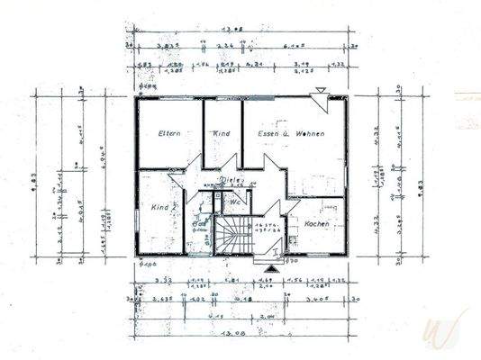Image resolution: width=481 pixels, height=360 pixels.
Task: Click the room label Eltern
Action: [x=169, y=133]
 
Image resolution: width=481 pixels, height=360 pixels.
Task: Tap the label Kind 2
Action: [x=163, y=208]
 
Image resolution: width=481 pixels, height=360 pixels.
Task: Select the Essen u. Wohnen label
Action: [x=290, y=133]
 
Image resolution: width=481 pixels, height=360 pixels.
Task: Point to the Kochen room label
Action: [x=317, y=222]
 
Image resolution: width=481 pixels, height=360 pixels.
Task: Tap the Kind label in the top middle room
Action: [x=222, y=133]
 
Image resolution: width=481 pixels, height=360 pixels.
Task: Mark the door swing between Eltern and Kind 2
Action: [x=192, y=167]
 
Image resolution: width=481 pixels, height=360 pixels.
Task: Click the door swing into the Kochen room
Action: [x=293, y=208]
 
